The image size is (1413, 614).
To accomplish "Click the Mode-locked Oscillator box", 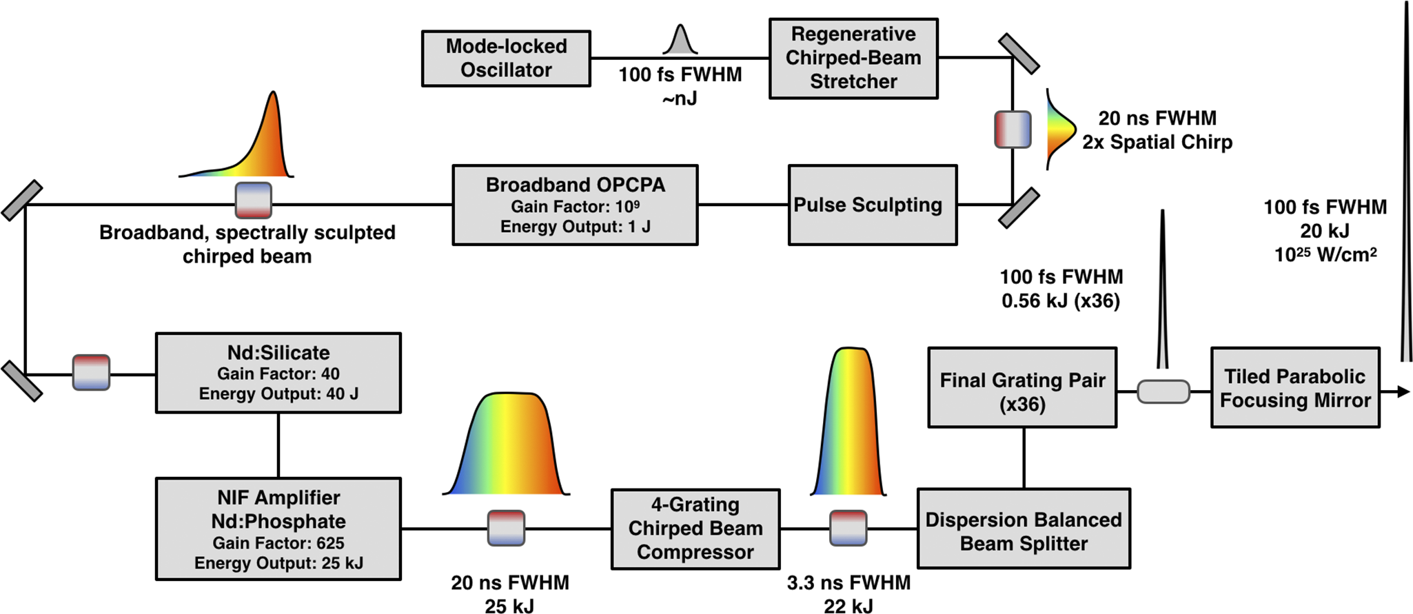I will point(506,59).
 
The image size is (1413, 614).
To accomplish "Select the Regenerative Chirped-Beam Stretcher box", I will point(853,59).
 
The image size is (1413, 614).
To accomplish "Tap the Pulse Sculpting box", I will point(873,205).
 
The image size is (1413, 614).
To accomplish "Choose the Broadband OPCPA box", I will point(575,205).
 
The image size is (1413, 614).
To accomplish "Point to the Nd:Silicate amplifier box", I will point(278,373).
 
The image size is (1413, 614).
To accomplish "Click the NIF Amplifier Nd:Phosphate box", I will point(278,529).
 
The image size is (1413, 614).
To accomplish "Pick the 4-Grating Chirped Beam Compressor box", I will point(695,529).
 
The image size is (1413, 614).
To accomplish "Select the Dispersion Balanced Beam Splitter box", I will point(1024,529).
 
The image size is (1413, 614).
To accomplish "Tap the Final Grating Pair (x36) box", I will point(1022,387).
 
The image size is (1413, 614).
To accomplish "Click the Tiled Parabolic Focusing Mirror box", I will point(1295,387).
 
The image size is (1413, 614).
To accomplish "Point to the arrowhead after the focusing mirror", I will point(1403,391).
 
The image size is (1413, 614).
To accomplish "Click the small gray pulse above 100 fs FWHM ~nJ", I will point(680,40).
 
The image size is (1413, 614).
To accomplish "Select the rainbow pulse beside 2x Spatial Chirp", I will point(1060,129).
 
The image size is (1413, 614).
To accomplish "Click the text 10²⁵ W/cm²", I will point(1325,255).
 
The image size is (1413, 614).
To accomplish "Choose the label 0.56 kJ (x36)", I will point(1061,301).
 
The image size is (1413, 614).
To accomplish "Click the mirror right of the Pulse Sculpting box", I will point(1019,207).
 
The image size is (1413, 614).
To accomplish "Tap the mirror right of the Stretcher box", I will point(1019,54).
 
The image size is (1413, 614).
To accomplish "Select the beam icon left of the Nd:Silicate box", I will point(91,373).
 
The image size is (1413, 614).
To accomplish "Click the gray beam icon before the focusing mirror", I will point(1163,391).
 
